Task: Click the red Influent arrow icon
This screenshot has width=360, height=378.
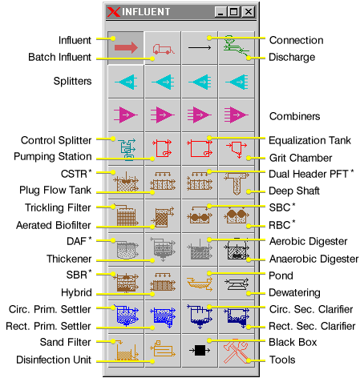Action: click(126, 48)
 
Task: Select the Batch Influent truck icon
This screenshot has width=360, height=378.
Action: click(164, 49)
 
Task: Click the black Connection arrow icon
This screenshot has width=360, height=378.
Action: click(200, 48)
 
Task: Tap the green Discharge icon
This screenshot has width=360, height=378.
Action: click(237, 47)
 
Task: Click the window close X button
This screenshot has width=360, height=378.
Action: click(249, 12)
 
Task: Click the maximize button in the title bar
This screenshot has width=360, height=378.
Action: click(234, 12)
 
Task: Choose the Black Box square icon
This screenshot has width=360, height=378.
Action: click(200, 350)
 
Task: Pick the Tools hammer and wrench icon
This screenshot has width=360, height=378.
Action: click(237, 351)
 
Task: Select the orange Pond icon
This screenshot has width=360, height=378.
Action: click(200, 283)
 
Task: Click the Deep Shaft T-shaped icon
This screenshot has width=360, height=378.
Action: click(237, 183)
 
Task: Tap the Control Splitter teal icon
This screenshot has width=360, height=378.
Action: click(127, 149)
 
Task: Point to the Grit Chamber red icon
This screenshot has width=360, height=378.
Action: click(237, 148)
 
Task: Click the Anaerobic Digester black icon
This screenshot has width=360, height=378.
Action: click(237, 250)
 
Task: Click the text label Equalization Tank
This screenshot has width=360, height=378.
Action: click(309, 140)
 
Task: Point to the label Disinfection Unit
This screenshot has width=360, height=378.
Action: click(54, 360)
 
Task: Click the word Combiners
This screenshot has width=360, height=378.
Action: click(294, 116)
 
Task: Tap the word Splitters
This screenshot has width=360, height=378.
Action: click(72, 81)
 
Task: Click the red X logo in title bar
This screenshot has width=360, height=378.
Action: click(114, 12)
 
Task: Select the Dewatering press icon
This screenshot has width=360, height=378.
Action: click(237, 284)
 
